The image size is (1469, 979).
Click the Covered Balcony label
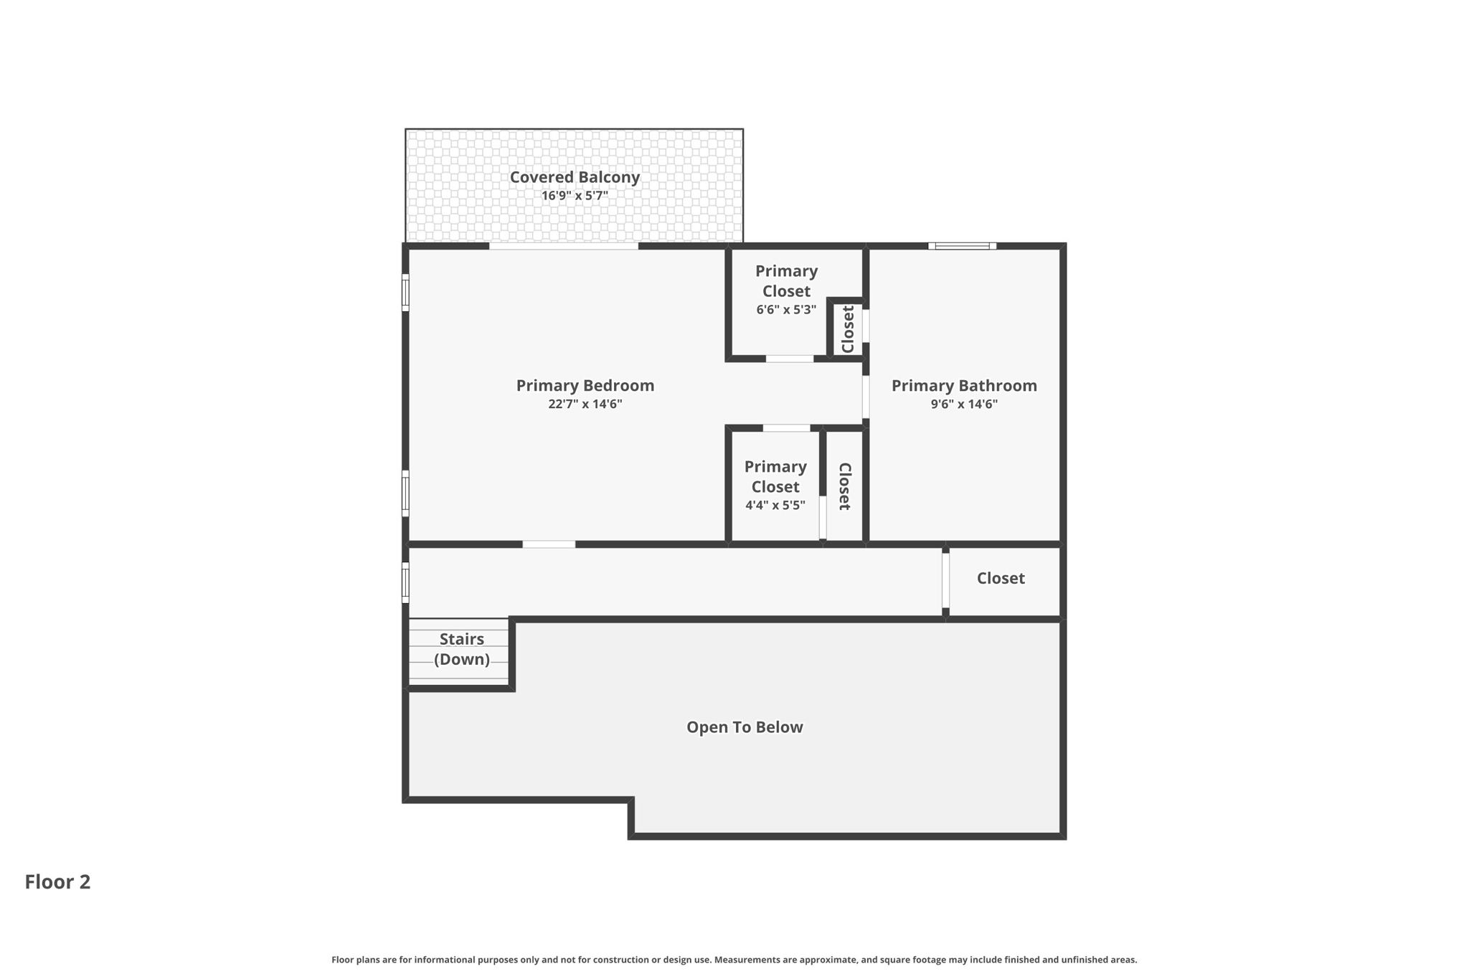tap(575, 177)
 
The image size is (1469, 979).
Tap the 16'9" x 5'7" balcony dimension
tap(575, 196)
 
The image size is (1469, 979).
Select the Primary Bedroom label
tap(585, 386)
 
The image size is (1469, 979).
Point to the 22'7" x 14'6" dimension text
tap(585, 405)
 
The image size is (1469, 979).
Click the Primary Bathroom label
tap(964, 386)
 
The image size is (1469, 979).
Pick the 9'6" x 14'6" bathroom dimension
tap(964, 405)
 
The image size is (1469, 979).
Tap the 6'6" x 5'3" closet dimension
tap(786, 310)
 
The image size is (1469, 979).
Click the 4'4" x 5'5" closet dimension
tap(775, 506)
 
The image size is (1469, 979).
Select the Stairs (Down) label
tap(462, 649)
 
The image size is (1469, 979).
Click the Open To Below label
tap(745, 727)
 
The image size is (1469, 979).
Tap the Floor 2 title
tap(57, 882)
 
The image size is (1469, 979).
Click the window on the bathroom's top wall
tap(962, 246)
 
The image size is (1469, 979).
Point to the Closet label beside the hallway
tap(1001, 579)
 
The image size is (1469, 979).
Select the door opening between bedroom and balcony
tap(564, 246)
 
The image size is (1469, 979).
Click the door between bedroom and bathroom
tap(866, 397)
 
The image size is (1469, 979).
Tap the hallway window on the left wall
tap(405, 582)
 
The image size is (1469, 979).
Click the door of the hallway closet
tap(945, 580)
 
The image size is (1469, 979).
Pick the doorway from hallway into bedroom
tap(549, 544)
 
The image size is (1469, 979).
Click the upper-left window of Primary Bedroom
tap(405, 293)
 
